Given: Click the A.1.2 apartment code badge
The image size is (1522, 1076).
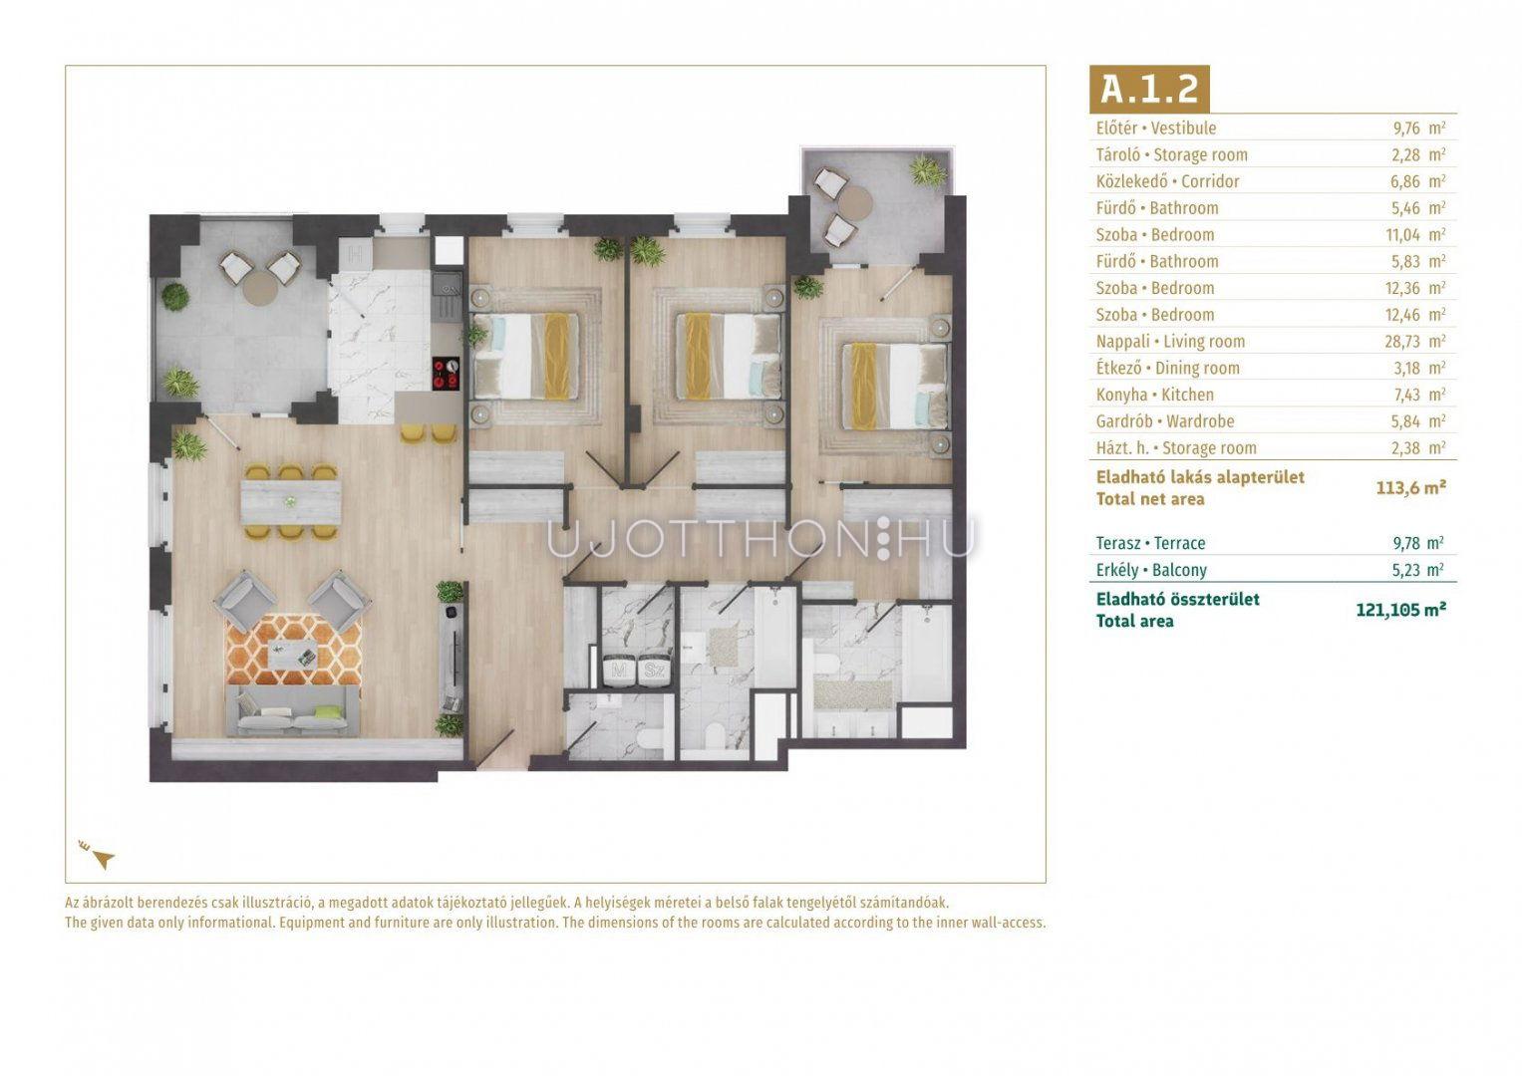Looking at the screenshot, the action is [1149, 89].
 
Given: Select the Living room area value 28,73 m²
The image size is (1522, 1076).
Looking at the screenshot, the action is [1415, 341].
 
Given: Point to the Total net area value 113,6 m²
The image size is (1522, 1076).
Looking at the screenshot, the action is [1410, 487].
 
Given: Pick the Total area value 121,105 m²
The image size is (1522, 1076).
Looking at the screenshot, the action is [1401, 610].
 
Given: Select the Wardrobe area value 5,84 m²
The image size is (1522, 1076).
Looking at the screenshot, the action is [1418, 421].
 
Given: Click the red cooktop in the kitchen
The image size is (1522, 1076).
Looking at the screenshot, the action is [446, 373].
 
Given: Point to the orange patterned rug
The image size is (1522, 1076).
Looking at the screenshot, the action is [293, 650].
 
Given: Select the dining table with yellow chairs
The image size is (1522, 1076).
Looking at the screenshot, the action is [291, 502].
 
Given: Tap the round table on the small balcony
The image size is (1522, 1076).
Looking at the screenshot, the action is [855, 201].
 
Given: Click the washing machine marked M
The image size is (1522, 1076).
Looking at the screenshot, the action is [619, 672].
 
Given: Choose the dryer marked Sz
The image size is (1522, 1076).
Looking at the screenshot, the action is [654, 672].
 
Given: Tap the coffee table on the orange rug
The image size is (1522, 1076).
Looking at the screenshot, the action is [293, 654].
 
